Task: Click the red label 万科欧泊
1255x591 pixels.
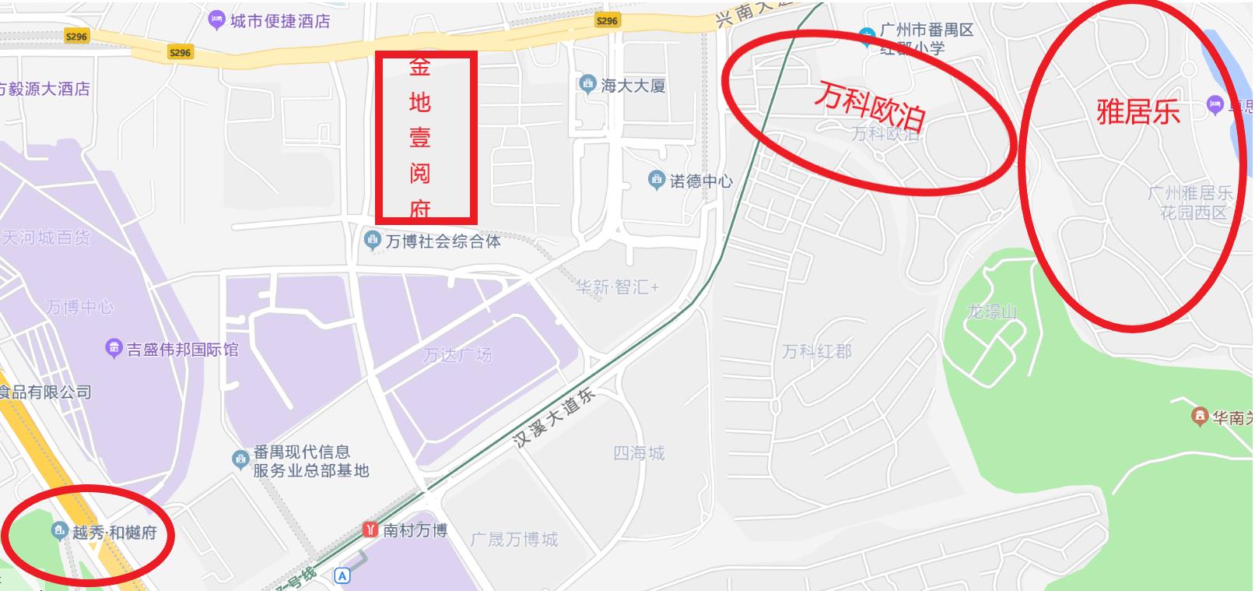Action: pyautogui.click(x=870, y=107)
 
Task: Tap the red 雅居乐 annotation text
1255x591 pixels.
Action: pyautogui.click(x=1138, y=112)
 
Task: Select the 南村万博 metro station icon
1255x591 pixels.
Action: pyautogui.click(x=370, y=529)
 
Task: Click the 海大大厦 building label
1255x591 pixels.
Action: pyautogui.click(x=633, y=86)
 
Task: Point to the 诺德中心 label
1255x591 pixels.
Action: pyautogui.click(x=701, y=181)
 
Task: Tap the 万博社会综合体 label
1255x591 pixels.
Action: pyautogui.click(x=443, y=241)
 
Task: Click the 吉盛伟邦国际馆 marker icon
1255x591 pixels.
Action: pyautogui.click(x=114, y=349)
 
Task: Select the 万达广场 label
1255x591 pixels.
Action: pyautogui.click(x=457, y=355)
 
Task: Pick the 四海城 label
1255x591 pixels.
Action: pyautogui.click(x=639, y=452)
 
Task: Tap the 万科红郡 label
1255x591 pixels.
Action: pyautogui.click(x=817, y=352)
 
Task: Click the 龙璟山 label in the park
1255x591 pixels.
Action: pyautogui.click(x=991, y=312)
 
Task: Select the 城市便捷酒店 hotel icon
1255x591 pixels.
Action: pyautogui.click(x=217, y=21)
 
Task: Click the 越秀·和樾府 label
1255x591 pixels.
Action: pyautogui.click(x=114, y=533)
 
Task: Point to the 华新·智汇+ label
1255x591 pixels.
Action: pyautogui.click(x=617, y=287)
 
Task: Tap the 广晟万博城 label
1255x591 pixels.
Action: pyautogui.click(x=514, y=539)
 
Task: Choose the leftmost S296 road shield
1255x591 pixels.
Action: pyautogui.click(x=76, y=37)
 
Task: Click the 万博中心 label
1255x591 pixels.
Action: pyautogui.click(x=79, y=308)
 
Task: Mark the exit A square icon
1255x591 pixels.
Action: pyautogui.click(x=342, y=576)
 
